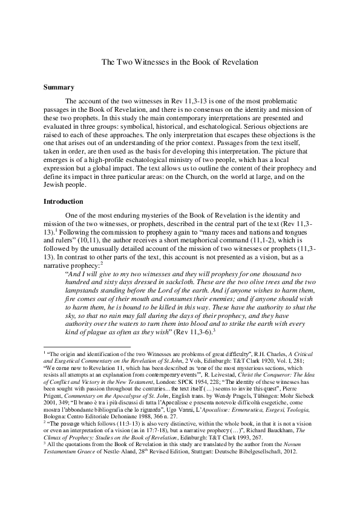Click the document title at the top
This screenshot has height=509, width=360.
coord(180,62)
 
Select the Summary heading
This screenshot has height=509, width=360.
coord(58,88)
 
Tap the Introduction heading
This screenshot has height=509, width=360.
coord(65,201)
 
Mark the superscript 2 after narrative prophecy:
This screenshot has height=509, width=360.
coord(85,262)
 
